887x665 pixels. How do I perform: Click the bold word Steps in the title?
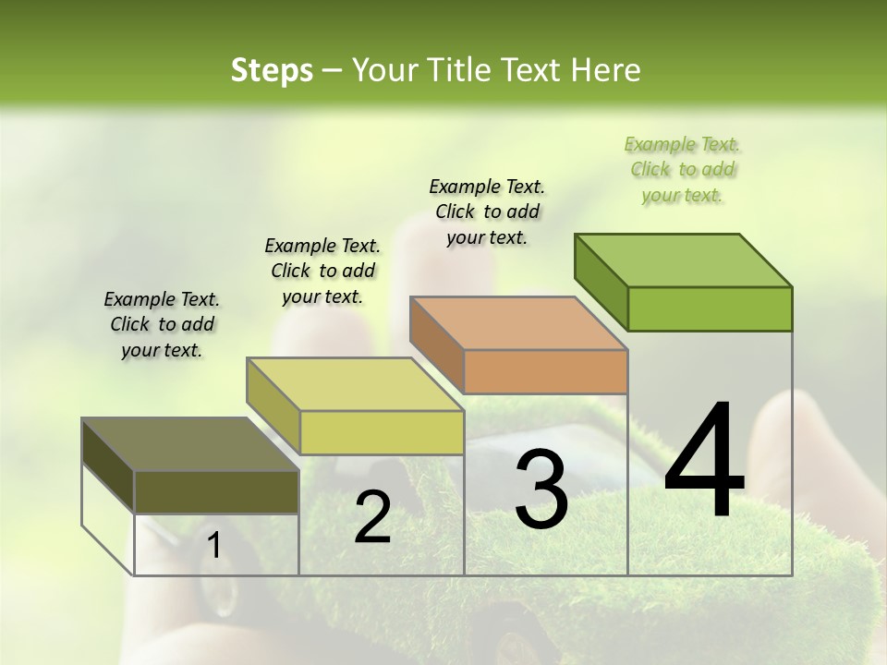tap(272, 70)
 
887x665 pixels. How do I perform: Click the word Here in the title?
tap(606, 70)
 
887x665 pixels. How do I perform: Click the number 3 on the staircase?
tap(541, 490)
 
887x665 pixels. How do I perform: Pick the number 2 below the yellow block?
tap(372, 517)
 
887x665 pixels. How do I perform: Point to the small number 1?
tap(213, 546)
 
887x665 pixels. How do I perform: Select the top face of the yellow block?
tap(355, 384)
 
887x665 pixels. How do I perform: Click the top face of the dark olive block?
tap(190, 444)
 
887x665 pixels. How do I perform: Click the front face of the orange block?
tap(545, 372)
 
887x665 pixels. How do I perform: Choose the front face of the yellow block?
tap(382, 432)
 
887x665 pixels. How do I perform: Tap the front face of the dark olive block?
tap(217, 491)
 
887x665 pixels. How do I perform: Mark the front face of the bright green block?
tap(710, 308)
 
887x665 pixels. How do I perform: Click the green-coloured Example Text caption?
tap(683, 170)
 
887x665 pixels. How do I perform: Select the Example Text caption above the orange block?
tap(487, 212)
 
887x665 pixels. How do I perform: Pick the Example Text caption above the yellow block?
tap(322, 271)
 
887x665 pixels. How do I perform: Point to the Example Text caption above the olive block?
tap(162, 324)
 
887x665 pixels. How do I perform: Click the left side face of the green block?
tap(601, 282)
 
